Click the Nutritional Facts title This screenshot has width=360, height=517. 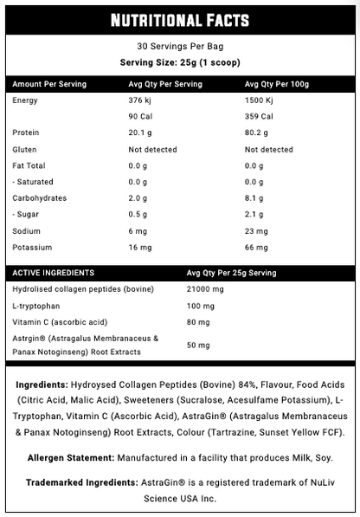click(x=180, y=19)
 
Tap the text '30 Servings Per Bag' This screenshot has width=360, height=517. click(x=180, y=47)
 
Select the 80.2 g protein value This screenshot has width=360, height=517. click(x=260, y=133)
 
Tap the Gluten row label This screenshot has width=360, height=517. click(x=26, y=150)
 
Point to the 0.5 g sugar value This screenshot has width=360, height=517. click(x=138, y=215)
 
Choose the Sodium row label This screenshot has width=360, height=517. click(x=27, y=231)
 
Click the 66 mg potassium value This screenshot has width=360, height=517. click(x=258, y=248)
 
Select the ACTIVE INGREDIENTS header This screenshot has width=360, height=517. click(x=53, y=273)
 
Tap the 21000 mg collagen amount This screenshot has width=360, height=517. click(x=204, y=289)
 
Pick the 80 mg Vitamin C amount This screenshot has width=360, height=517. click(x=198, y=322)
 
